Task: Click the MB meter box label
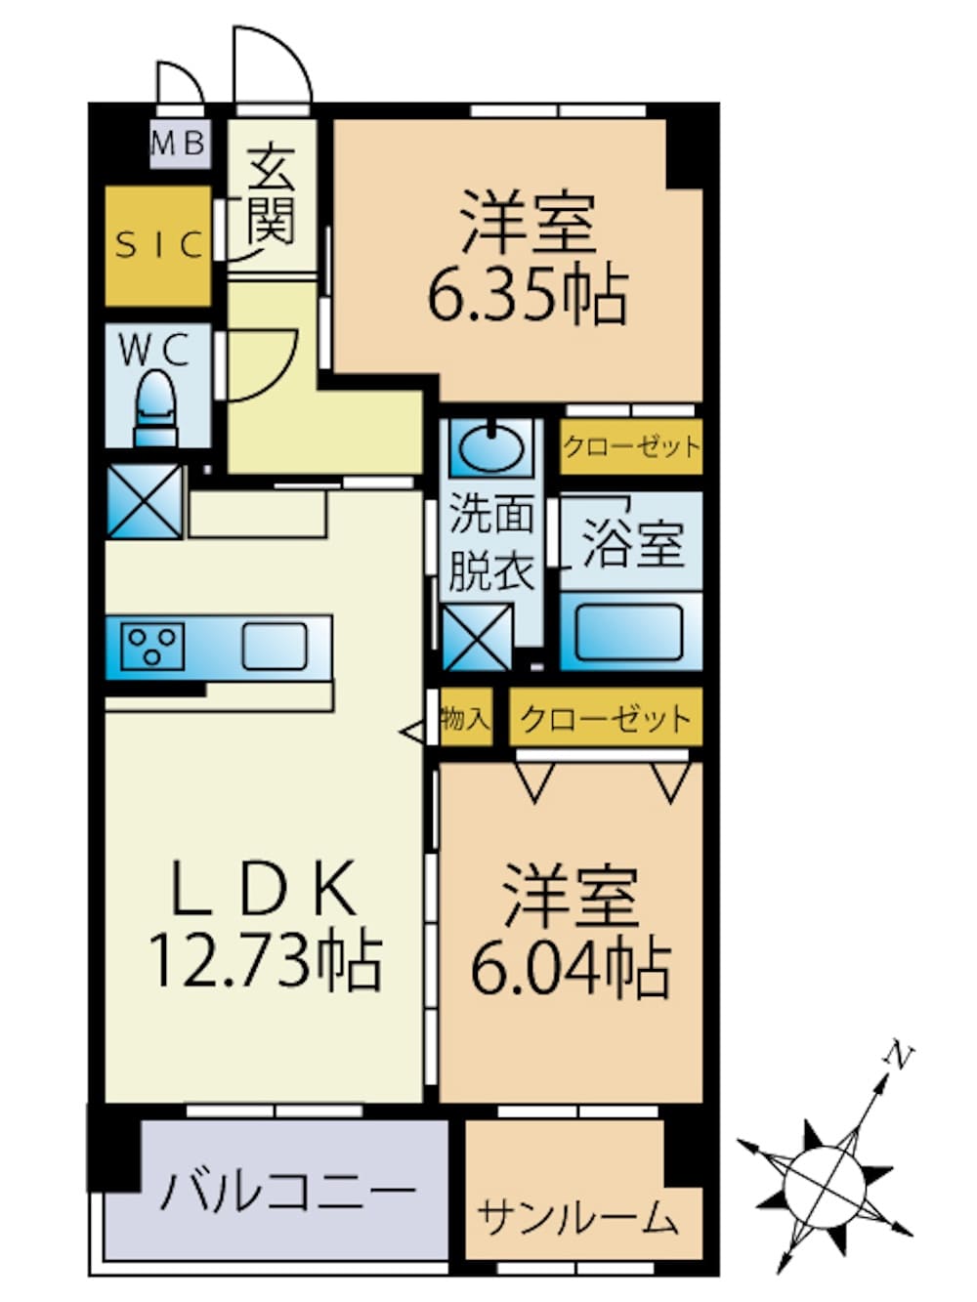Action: (179, 143)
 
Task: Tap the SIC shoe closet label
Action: (159, 244)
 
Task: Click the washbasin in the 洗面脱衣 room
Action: (491, 448)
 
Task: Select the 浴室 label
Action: (633, 543)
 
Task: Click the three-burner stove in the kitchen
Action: (152, 647)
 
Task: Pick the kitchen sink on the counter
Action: (276, 647)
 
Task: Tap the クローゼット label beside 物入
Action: (606, 719)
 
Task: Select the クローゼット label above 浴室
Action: (631, 446)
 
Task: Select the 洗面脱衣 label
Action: (491, 542)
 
